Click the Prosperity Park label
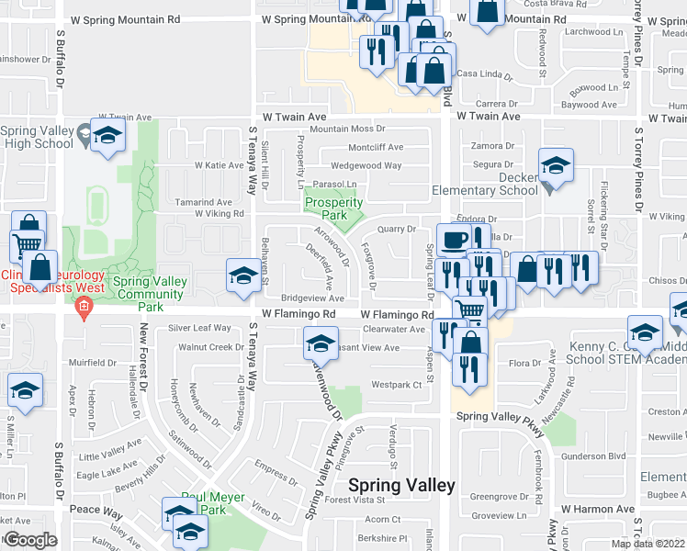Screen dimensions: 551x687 [333, 208]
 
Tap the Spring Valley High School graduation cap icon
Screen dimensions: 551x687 [108, 136]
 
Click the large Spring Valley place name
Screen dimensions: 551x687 [401, 485]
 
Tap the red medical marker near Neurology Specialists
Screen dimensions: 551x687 [84, 306]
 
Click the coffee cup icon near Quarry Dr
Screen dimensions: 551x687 [452, 241]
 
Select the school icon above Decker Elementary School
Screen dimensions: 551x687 [556, 165]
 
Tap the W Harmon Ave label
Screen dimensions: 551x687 [598, 509]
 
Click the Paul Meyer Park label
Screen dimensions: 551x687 [203, 503]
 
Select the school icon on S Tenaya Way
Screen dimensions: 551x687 [242, 275]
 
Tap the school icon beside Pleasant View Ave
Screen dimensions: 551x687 [320, 343]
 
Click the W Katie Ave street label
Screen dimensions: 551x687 [219, 165]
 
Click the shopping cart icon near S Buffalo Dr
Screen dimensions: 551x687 [26, 245]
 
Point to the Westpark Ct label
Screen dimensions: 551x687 [395, 385]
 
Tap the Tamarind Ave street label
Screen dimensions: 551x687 [204, 202]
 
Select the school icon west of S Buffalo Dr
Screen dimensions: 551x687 [26, 389]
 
